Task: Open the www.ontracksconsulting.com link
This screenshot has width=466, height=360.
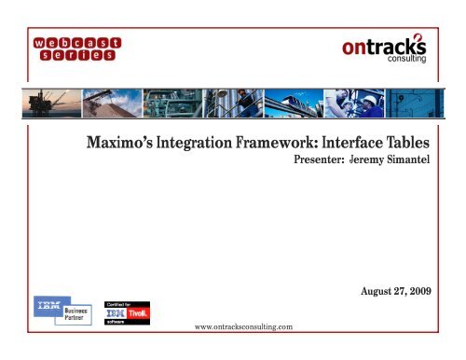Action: [240, 326]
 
